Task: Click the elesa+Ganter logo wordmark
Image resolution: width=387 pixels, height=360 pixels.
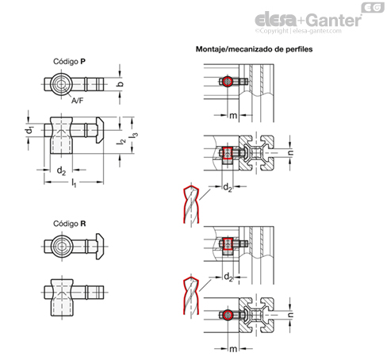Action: (308, 19)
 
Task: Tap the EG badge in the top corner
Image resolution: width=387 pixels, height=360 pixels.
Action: (373, 7)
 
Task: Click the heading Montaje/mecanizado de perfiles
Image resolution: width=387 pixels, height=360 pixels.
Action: (254, 49)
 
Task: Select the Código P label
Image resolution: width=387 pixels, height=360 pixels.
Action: (69, 62)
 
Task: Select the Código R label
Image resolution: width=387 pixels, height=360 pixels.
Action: (70, 224)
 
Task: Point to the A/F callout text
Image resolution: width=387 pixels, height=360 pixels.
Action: (77, 101)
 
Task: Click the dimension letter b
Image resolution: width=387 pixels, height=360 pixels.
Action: (121, 84)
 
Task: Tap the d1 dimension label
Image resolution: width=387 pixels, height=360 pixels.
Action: (30, 130)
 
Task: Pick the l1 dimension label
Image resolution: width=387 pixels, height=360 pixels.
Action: (74, 183)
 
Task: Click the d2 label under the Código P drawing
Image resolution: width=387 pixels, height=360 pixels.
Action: (61, 170)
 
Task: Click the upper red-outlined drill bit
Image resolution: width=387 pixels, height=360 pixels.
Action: (191, 205)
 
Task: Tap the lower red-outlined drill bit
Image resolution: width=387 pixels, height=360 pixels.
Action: (191, 296)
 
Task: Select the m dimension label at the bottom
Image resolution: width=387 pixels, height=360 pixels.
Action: (233, 349)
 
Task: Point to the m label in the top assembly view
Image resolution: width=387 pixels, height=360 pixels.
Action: (233, 116)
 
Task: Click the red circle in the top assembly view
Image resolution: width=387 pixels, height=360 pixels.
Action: (227, 82)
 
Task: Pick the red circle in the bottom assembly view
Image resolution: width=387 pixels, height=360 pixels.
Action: (228, 315)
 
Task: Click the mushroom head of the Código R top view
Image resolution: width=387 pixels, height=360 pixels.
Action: (100, 247)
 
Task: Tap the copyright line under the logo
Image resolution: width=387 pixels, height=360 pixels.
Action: (298, 31)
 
